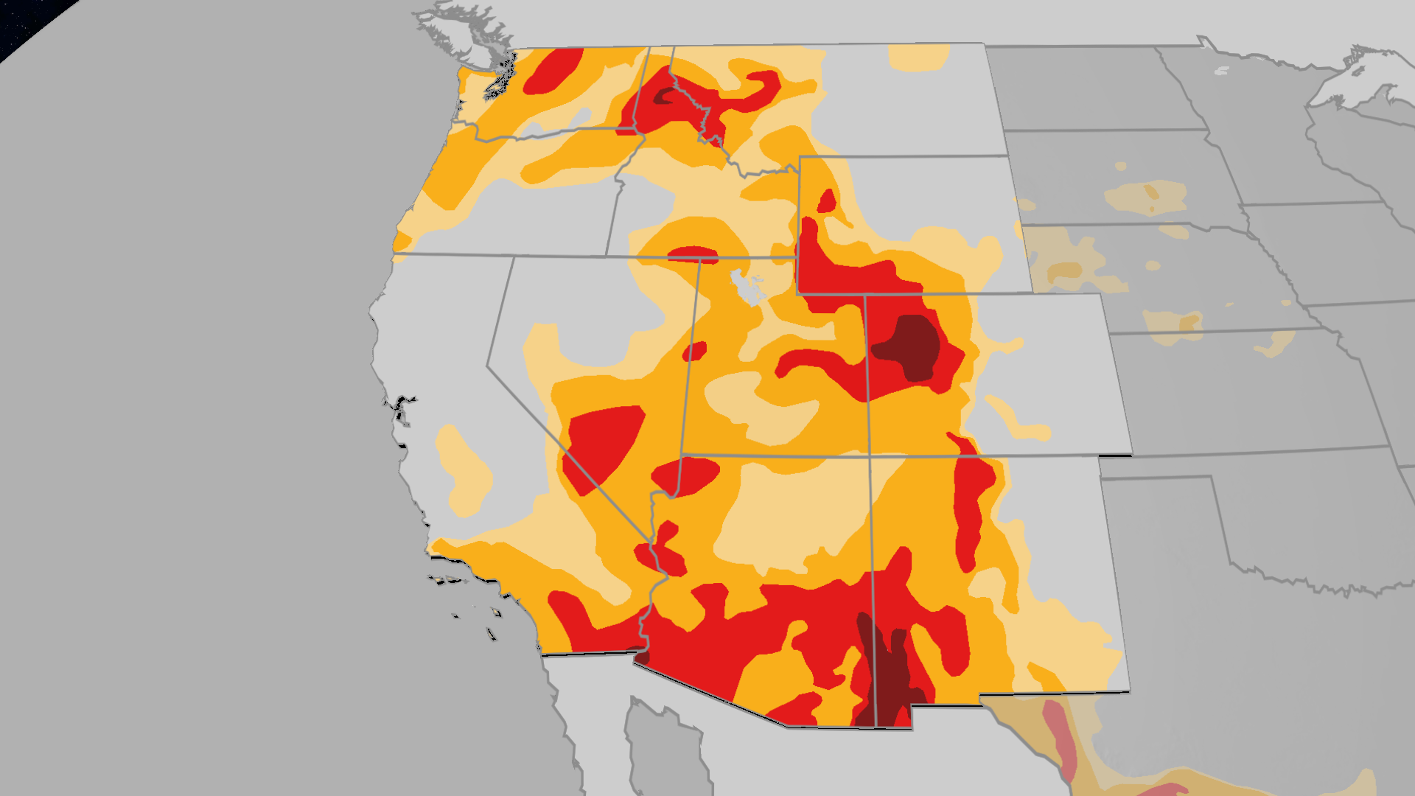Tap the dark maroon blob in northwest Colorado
click(910, 346)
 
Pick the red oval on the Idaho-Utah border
click(693, 254)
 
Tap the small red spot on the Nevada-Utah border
click(694, 352)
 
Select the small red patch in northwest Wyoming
click(827, 200)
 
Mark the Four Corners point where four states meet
click(870, 455)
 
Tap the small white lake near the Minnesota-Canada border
click(1221, 71)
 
